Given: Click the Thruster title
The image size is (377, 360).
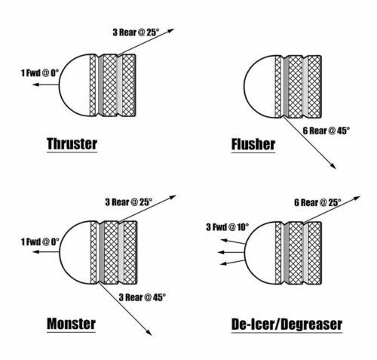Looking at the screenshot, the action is pyautogui.click(x=72, y=144).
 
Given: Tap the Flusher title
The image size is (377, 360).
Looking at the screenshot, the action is pyautogui.click(x=253, y=144).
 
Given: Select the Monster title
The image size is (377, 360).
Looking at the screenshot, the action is pyautogui.click(x=71, y=324).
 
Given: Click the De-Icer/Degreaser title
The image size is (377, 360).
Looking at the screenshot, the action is pyautogui.click(x=287, y=325).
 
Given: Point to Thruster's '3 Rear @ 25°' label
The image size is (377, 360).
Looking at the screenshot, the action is pyautogui.click(x=136, y=32).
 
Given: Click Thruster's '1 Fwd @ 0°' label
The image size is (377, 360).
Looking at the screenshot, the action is pyautogui.click(x=40, y=73).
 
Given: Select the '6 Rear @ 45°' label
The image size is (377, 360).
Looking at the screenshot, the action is pyautogui.click(x=326, y=131).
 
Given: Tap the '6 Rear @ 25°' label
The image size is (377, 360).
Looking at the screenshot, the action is pyautogui.click(x=317, y=202).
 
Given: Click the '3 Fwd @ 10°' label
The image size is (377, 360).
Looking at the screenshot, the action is pyautogui.click(x=228, y=227).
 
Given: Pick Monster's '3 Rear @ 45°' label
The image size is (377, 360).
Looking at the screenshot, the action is pyautogui.click(x=143, y=297).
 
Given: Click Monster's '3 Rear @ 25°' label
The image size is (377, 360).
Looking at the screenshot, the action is pyautogui.click(x=129, y=202).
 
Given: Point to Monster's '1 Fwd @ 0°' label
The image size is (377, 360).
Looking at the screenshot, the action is pyautogui.click(x=40, y=242).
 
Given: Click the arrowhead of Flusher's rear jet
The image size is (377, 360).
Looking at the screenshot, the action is pyautogui.click(x=333, y=166).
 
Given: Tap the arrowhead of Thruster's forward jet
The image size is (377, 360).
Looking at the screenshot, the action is pyautogui.click(x=35, y=85).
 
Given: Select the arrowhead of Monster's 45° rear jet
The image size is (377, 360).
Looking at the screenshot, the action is pyautogui.click(x=149, y=333).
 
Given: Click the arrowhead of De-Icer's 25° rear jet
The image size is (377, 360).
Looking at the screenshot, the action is pyautogui.click(x=357, y=198).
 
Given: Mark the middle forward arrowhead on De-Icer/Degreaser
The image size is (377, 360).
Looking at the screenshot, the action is pyautogui.click(x=221, y=252).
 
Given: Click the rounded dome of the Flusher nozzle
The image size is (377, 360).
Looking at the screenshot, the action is pyautogui.click(x=259, y=87).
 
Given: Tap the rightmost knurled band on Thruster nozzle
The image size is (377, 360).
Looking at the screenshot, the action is pyautogui.click(x=129, y=85).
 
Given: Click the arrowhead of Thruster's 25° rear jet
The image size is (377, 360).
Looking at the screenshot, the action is pyautogui.click(x=171, y=31).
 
